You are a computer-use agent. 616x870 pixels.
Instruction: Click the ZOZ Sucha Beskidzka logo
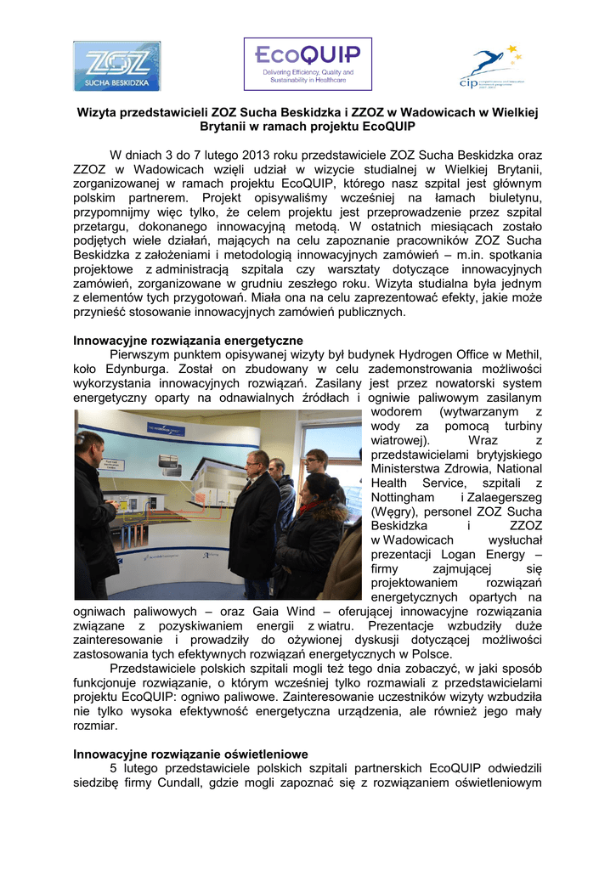[116, 66]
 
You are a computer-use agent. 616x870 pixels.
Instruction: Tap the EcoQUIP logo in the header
[308, 64]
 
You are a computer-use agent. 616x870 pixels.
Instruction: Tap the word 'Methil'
[521, 355]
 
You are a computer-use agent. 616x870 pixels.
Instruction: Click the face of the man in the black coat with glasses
[254, 460]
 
